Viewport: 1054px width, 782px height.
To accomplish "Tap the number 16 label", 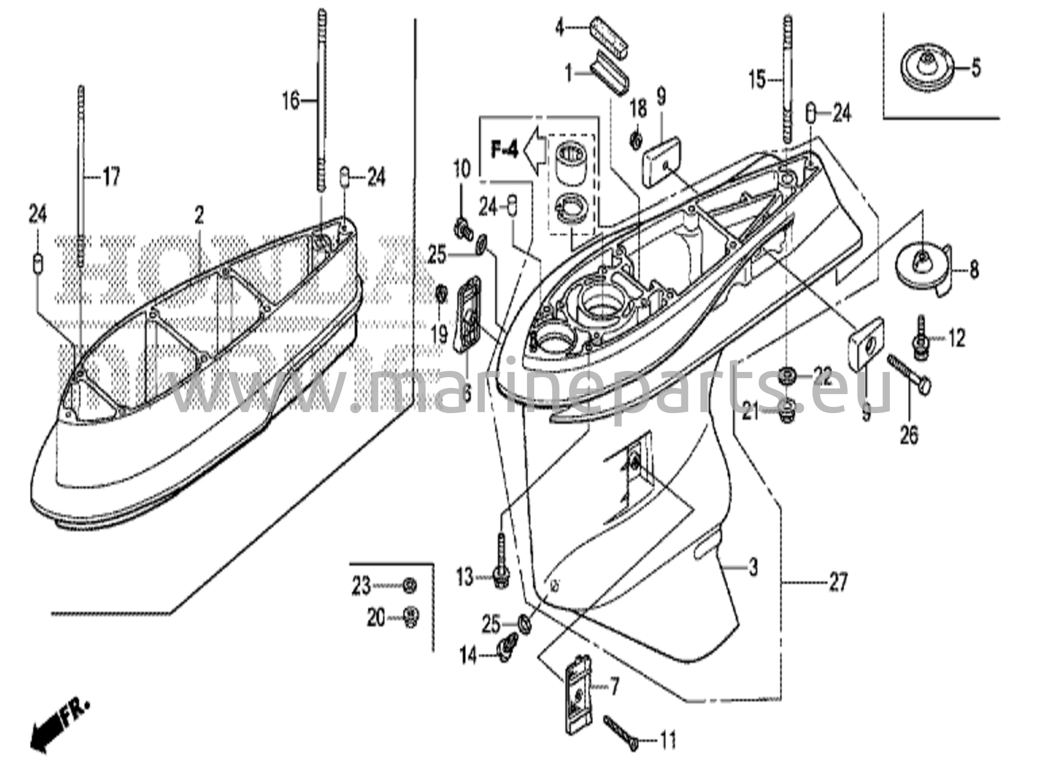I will coord(291,100).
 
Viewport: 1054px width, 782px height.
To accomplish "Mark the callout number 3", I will coord(753,567).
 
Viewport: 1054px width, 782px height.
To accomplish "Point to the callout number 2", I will coord(199,216).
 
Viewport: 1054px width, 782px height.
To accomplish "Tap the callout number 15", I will coord(757,80).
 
